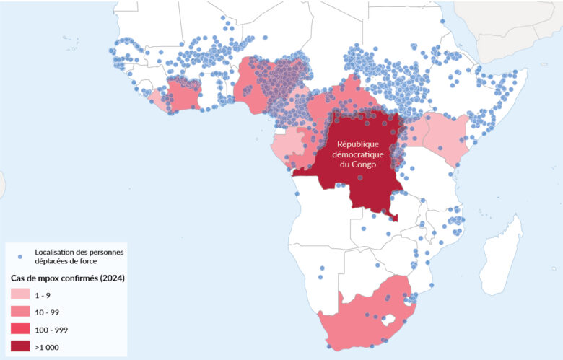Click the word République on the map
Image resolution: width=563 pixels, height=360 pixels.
pos(359,145)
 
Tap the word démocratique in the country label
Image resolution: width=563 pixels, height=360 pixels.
pos(359,155)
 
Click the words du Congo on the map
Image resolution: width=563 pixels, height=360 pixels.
pos(359,165)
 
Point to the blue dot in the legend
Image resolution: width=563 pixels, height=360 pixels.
pos(21,256)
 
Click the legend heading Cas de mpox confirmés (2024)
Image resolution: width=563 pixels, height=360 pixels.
pos(69,278)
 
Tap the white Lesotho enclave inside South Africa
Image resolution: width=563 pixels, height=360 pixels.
pos(390,318)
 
